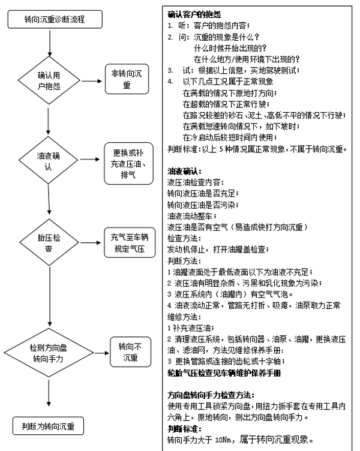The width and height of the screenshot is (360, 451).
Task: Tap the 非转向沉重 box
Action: (x=127, y=80)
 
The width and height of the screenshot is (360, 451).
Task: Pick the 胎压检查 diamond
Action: (x=49, y=243)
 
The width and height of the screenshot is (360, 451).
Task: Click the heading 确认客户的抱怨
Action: (x=193, y=13)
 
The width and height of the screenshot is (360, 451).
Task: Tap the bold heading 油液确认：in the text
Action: (x=188, y=171)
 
